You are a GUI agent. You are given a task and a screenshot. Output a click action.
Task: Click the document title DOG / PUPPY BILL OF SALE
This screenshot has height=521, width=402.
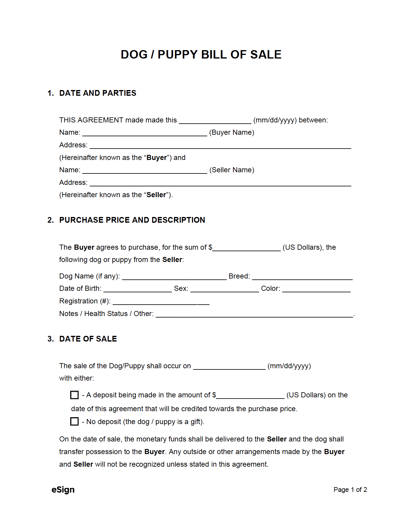(201, 55)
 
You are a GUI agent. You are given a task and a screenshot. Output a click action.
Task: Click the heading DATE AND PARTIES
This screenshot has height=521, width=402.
(97, 93)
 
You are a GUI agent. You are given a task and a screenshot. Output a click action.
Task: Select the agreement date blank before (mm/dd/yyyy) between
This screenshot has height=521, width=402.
(215, 121)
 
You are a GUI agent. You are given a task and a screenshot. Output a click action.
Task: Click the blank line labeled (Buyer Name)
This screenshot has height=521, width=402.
(145, 133)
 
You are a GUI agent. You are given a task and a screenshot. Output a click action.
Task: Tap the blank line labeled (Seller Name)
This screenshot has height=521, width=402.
(145, 170)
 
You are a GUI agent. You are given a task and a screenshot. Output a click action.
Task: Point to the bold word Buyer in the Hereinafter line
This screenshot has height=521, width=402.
(157, 158)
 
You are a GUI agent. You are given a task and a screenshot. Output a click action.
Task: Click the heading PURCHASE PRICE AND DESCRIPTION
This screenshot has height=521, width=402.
(132, 220)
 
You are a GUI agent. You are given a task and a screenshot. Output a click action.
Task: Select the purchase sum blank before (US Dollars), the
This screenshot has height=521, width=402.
(246, 248)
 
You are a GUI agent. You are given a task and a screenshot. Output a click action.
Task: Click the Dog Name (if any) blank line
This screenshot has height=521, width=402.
(174, 277)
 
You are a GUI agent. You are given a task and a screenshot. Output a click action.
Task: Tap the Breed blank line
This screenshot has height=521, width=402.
(302, 277)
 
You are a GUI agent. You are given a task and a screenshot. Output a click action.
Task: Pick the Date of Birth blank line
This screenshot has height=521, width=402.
(137, 289)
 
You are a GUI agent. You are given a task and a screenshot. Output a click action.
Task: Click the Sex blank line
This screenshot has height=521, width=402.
(224, 289)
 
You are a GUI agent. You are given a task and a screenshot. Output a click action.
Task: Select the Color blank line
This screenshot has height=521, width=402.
(316, 289)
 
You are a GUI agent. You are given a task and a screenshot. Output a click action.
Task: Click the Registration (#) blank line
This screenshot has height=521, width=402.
(161, 302)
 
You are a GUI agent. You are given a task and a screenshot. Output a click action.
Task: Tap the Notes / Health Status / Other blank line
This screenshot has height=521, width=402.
(254, 314)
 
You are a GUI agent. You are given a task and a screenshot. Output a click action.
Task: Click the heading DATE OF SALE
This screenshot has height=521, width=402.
(88, 339)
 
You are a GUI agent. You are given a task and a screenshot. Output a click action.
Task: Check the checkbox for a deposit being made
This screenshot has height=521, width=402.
(74, 395)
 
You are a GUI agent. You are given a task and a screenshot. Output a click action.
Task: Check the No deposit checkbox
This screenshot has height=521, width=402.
(74, 421)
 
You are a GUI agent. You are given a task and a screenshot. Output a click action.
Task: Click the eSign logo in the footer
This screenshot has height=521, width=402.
(63, 489)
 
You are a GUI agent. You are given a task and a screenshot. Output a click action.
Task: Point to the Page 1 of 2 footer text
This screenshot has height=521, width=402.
(350, 489)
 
